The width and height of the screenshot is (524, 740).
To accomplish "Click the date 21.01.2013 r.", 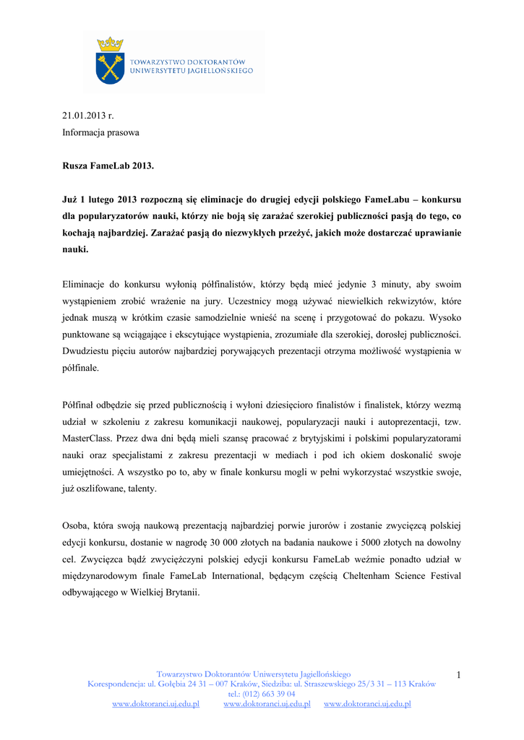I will tap(87, 116).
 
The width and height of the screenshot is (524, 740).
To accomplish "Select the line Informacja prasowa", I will tap(100, 133).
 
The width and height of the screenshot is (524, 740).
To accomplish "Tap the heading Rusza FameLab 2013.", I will tap(108, 166).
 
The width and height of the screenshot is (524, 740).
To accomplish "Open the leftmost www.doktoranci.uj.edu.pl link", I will tap(155, 704).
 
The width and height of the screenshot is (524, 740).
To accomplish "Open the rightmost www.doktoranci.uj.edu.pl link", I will tap(367, 704).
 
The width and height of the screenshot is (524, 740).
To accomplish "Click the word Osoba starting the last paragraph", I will tap(76, 526).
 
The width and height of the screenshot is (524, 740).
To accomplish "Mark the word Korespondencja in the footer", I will tap(115, 684).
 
